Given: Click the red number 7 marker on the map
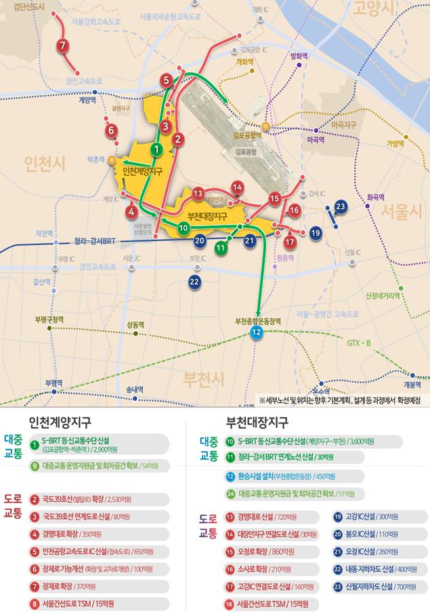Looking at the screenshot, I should point(62,46).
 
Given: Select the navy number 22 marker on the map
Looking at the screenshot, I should point(195,281).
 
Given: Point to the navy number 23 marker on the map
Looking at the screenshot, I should point(341,207).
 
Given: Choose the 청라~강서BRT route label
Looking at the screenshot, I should point(95,241).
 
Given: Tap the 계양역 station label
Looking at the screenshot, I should point(87,100).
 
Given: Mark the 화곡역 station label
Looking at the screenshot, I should point(375,198).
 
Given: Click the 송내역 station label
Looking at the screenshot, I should point(135,389).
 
